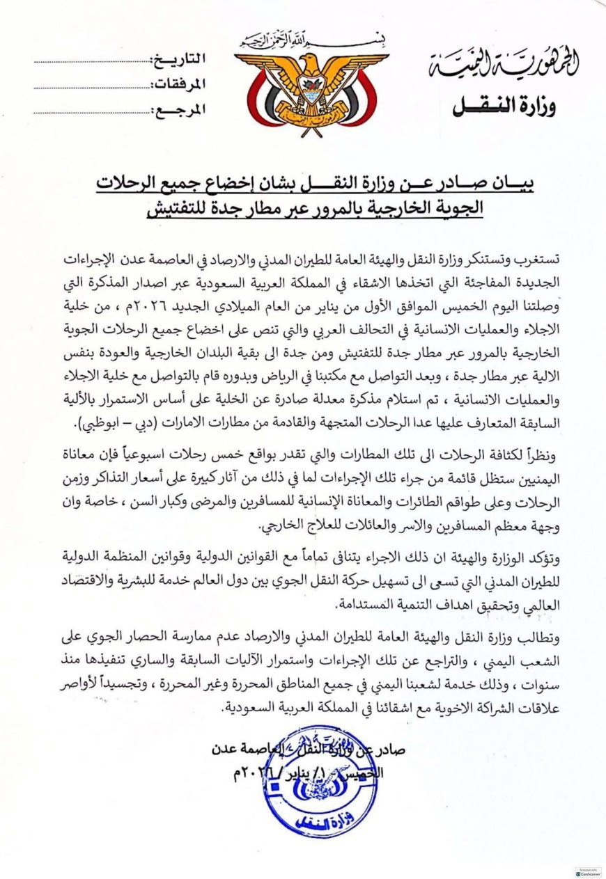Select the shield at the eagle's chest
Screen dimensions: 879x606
click(x=311, y=90)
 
